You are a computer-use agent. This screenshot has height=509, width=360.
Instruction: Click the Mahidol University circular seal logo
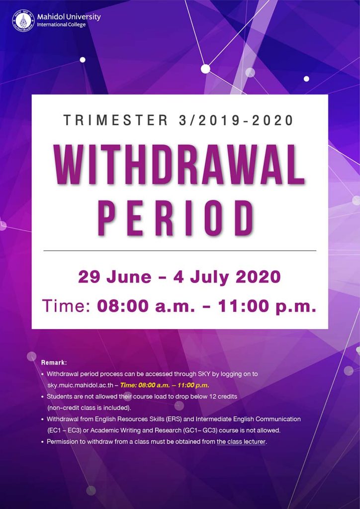(23, 21)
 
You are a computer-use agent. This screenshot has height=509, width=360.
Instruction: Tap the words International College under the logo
(61, 25)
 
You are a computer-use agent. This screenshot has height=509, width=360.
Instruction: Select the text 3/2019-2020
(236, 120)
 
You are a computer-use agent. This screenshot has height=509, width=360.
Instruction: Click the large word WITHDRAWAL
(180, 166)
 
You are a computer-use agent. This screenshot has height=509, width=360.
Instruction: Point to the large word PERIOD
(176, 218)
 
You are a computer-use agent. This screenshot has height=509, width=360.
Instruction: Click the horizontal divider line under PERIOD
(180, 251)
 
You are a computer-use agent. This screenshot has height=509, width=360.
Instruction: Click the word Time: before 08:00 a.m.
(66, 306)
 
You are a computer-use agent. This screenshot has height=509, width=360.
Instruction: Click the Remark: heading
(54, 362)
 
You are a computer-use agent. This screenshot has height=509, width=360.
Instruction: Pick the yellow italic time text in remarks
(165, 385)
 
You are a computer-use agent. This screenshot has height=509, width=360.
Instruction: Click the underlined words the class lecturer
(241, 441)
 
